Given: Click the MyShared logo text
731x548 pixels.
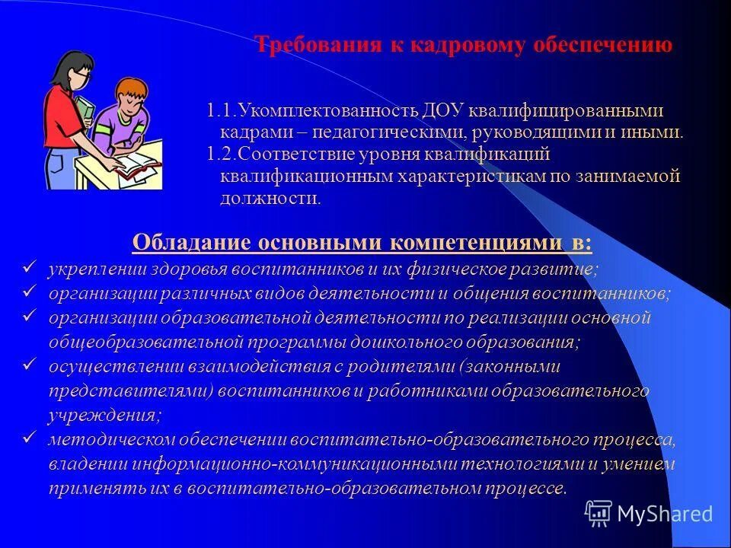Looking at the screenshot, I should click(665, 514).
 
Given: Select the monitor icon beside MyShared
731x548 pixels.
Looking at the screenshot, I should click(599, 514).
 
